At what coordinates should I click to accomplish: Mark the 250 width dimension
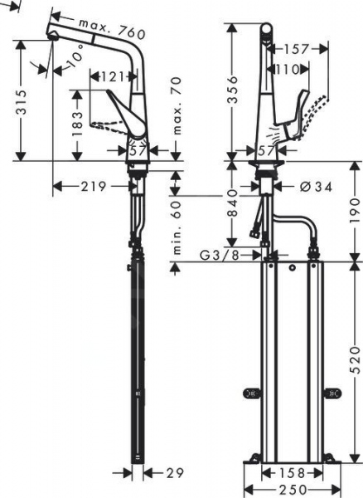[x=289, y=491]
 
